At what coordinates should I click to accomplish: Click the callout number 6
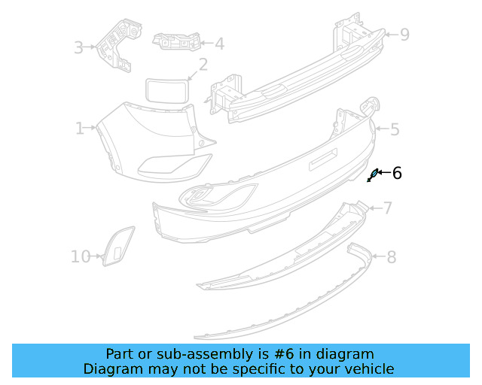coord(397,174)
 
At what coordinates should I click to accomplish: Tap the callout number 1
coord(80,129)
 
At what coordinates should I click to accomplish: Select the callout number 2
coord(203,65)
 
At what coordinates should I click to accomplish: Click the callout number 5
coord(394,129)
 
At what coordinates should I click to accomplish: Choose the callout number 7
coord(387,208)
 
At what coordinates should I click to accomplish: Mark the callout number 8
coord(391,258)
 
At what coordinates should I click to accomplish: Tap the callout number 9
coord(404,34)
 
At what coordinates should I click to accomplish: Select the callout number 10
coord(81,257)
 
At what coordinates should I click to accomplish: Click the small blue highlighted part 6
coord(372,176)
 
